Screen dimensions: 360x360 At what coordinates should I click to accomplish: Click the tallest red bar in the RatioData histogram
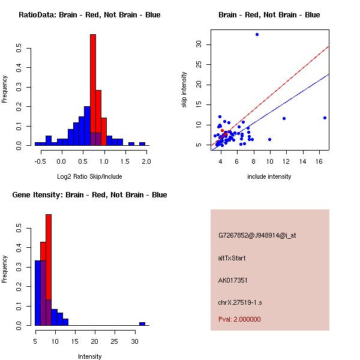coord(93,90)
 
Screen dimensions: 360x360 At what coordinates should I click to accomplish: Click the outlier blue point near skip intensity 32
coord(257,34)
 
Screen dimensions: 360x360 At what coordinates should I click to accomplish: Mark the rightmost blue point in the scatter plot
coord(325,118)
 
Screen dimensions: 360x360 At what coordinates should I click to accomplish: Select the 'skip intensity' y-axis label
coord(185,90)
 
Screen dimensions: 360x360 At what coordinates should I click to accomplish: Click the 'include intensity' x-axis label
coord(269,176)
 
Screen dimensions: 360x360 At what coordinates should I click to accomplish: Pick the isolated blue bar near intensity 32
coord(142,323)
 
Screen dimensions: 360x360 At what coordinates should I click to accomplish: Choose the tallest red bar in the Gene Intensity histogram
coord(49,270)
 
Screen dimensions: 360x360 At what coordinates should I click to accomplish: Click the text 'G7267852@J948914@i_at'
coord(257,236)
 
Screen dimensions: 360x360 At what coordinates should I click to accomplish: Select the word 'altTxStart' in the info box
coord(232,258)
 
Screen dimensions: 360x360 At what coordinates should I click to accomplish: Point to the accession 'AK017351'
coord(233,280)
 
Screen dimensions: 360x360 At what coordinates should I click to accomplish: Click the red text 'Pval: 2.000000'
coord(239,319)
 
